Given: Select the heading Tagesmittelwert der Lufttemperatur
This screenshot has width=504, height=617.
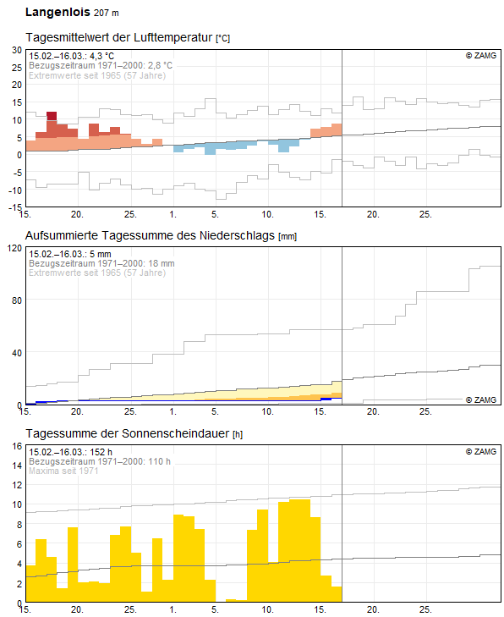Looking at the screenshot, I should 119,38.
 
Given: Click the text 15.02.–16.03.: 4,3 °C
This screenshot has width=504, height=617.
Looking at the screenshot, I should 71,56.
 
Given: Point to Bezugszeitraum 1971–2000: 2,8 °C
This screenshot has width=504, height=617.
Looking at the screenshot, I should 101,65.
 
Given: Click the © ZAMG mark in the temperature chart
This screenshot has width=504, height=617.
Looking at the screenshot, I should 481,56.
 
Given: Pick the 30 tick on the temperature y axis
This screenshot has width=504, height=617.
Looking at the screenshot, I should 16,50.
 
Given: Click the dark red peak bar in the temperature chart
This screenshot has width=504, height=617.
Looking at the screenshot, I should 52,116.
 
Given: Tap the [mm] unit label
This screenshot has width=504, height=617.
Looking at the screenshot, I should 288,235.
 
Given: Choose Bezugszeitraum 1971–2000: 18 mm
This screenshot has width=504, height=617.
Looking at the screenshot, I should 101,263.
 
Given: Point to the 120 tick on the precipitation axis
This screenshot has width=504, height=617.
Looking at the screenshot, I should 14,248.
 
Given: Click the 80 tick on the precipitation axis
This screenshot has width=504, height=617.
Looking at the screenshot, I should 16,300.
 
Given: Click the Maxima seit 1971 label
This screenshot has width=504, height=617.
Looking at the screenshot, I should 63,471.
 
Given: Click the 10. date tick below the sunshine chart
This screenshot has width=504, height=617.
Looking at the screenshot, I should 267,609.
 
